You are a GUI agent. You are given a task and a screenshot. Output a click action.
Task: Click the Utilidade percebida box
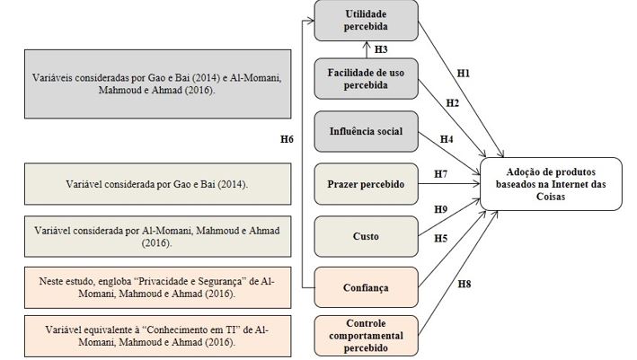tap(366, 21)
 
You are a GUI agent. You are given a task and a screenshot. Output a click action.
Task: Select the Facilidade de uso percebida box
tap(366, 78)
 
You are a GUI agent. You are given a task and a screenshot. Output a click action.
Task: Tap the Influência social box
tap(366, 132)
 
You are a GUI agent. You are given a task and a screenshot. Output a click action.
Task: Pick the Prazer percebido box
tap(366, 184)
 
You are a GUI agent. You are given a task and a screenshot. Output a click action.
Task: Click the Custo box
tap(366, 236)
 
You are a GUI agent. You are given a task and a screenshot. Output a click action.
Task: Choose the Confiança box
tap(366, 287)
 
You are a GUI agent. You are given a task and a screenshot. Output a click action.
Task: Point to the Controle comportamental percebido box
tap(366, 336)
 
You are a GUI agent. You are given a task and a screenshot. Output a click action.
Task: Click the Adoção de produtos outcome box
tap(550, 184)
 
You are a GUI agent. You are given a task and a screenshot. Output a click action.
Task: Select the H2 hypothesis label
tap(453, 104)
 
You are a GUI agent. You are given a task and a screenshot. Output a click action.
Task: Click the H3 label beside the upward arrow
tap(381, 49)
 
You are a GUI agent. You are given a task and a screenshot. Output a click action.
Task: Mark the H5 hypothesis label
tap(441, 238)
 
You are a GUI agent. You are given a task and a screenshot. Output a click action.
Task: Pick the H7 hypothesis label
tap(440, 173)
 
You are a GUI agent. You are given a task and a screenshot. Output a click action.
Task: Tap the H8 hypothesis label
tap(464, 285)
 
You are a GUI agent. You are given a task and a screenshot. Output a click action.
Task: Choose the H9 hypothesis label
tap(441, 210)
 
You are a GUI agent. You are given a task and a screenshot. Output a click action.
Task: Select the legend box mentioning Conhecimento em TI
tap(146, 336)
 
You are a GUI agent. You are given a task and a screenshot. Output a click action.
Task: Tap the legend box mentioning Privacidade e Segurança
tap(146, 287)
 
